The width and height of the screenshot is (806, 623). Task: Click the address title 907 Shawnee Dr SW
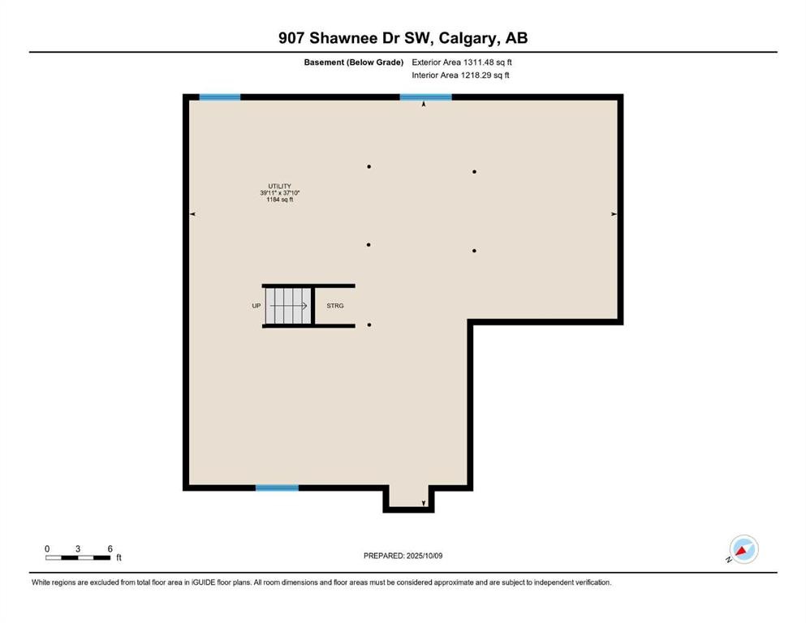point(403,37)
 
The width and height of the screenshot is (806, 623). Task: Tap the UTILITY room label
point(279,186)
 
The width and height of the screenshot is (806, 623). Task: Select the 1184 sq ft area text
point(279,200)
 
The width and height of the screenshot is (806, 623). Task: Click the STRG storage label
point(335,306)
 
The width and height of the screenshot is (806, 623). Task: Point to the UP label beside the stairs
point(256,306)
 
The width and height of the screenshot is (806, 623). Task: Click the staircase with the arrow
point(288,306)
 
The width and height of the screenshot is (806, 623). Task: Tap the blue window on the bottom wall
point(277,488)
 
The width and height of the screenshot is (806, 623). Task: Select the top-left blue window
point(219,97)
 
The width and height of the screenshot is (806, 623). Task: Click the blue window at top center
point(425,97)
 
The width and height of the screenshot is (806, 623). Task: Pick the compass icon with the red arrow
point(743,549)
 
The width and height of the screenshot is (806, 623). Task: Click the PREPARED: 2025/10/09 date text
point(403,556)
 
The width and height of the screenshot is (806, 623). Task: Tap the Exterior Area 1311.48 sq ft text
point(461,62)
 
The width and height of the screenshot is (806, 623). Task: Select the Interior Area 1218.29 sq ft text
point(461,75)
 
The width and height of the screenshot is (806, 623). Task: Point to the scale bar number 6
point(110,548)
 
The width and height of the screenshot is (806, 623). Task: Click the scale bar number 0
point(47,548)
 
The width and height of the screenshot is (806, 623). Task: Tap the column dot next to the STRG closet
point(369,325)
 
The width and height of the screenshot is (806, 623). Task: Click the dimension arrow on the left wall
point(192,214)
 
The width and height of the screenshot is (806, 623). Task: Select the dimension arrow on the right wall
point(614,214)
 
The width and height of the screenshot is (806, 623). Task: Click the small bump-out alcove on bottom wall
point(408,497)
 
